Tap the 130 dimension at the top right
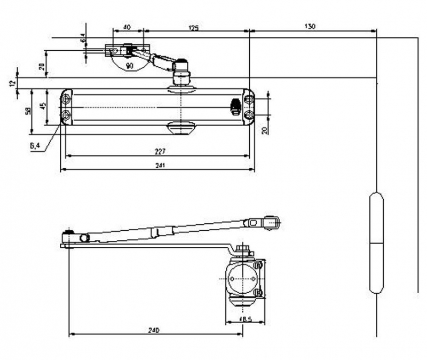click(x=309, y=26)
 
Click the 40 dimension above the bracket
click(x=126, y=26)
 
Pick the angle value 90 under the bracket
click(x=129, y=66)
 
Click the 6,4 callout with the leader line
click(x=36, y=146)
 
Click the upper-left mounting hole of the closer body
click(x=66, y=100)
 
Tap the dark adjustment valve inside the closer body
click(x=234, y=107)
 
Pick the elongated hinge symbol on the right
click(x=376, y=242)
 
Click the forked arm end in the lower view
click(x=272, y=222)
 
